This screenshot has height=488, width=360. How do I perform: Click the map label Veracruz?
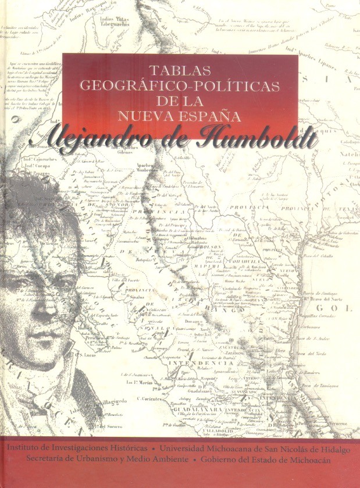343,433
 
